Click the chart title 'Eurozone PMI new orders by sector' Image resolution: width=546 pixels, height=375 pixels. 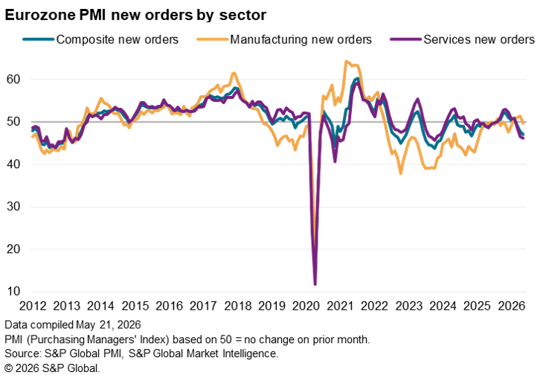pos(135,15)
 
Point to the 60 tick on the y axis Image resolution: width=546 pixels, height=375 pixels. pos(13,80)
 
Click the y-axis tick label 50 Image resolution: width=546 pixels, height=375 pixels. pos(13,122)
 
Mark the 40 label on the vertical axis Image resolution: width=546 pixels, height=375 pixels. pos(13,164)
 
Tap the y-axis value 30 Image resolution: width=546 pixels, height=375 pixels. pos(13,207)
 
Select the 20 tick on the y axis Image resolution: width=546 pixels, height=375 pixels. pos(13,249)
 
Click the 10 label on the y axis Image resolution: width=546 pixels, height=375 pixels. pos(13,292)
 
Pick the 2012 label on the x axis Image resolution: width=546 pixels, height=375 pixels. pos(33,306)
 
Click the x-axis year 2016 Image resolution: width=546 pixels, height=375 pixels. pos(170,306)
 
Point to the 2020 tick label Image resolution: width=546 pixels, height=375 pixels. pos(306,306)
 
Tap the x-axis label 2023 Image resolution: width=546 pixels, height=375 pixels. pos(409,306)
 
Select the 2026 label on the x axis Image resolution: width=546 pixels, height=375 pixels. pos(512,306)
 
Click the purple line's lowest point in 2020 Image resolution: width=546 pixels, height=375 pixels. pos(315,284)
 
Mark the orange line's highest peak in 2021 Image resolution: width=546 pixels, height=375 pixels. pos(346,61)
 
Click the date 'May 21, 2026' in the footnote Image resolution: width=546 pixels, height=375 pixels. pos(109,325)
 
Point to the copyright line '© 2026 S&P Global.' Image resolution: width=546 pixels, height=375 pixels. pos(52,368)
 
